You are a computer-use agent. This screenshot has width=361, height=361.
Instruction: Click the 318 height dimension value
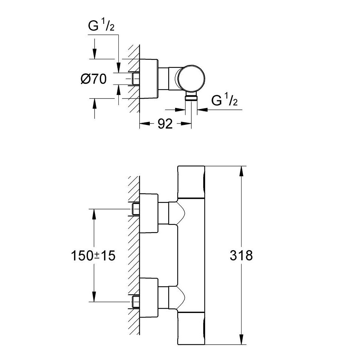[241, 255]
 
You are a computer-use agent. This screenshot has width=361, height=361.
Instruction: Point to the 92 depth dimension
[165, 124]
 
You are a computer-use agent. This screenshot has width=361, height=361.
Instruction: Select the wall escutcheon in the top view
[149, 78]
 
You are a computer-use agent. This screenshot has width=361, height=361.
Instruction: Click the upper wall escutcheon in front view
[149, 213]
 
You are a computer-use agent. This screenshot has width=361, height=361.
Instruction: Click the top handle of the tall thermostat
[191, 182]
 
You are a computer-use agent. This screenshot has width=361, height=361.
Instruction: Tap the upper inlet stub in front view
[136, 208]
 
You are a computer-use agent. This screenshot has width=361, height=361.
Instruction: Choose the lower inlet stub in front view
[136, 301]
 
